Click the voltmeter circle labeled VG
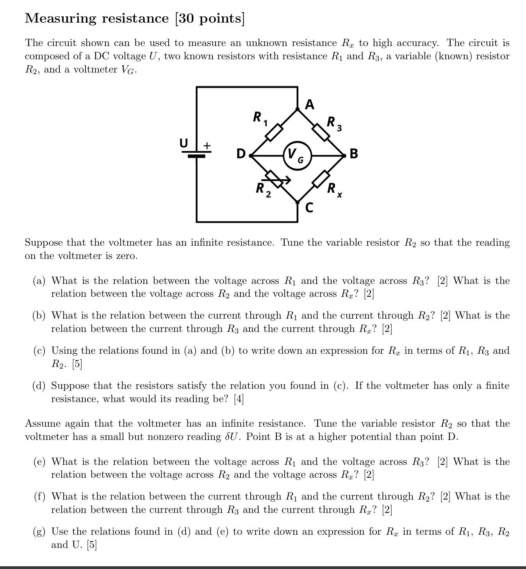(x=298, y=156)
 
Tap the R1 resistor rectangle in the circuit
(x=274, y=132)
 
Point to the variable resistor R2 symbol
(x=275, y=179)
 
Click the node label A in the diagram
(x=310, y=105)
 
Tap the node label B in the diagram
(x=354, y=154)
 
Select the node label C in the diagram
(x=309, y=207)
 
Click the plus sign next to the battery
(x=207, y=145)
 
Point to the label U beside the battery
(x=184, y=143)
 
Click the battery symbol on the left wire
(x=196, y=154)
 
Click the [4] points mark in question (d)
(x=239, y=399)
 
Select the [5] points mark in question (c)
(x=77, y=364)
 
